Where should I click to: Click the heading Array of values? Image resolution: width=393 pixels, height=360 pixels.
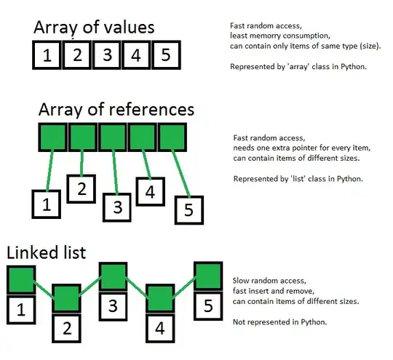(94, 28)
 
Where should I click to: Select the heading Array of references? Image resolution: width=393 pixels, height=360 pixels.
(116, 109)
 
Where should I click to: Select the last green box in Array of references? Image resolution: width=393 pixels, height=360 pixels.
(173, 135)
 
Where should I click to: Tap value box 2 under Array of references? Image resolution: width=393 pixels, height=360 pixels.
(82, 189)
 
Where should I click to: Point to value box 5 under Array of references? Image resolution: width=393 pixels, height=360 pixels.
(189, 209)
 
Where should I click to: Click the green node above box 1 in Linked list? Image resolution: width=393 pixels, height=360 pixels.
(20, 279)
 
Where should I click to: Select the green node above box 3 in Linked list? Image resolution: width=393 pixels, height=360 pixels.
(113, 277)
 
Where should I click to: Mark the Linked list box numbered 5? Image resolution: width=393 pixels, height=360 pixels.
(207, 305)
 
